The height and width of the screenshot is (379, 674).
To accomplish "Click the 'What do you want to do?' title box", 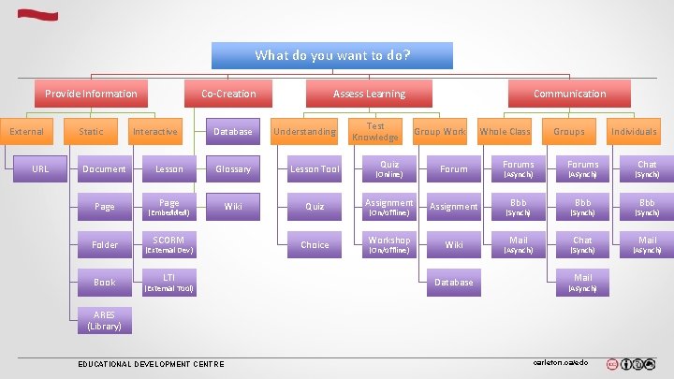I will click(x=331, y=55).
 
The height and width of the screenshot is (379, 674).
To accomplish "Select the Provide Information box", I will click(x=91, y=94).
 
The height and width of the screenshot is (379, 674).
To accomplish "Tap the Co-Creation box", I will click(x=228, y=94).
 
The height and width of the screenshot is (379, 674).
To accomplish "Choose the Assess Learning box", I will click(x=369, y=94).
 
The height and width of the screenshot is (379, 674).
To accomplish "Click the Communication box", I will click(x=569, y=94).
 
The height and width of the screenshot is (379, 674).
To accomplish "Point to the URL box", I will click(x=40, y=169).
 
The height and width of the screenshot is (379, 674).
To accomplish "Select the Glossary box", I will click(x=233, y=169).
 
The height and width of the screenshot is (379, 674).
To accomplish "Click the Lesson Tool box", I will click(x=315, y=169).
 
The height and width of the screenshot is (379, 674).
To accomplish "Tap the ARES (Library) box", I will click(x=104, y=321).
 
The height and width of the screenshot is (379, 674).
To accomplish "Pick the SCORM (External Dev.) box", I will click(x=168, y=245).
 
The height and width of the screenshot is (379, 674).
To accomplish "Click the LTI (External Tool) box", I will click(x=168, y=283).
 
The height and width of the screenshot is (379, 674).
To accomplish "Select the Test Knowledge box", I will click(x=375, y=132).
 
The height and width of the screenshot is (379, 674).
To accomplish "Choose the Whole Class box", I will click(x=505, y=132).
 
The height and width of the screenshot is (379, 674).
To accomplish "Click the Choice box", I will click(x=315, y=245).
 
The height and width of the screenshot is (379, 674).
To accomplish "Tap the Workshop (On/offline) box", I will click(x=388, y=245).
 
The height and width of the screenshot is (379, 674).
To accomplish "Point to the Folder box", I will click(x=105, y=245).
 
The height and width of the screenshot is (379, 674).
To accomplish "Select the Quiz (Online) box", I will click(x=388, y=169).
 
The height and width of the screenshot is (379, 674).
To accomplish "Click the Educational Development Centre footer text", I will click(x=151, y=364).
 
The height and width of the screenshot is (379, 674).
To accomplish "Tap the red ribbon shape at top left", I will click(x=37, y=15).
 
